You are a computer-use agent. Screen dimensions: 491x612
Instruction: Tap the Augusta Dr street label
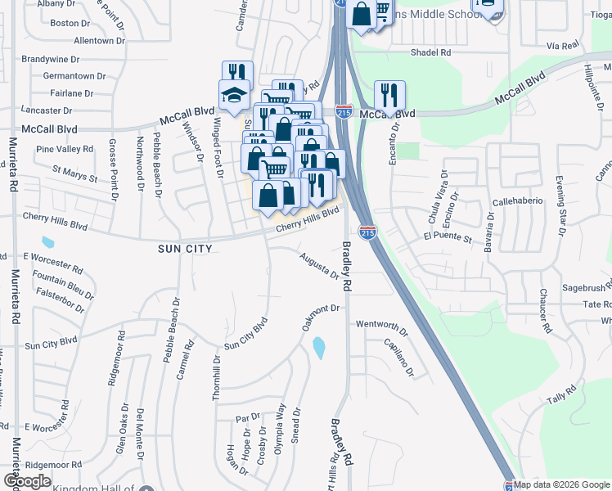pos(318,264)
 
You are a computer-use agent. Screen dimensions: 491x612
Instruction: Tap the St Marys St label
pos(74,173)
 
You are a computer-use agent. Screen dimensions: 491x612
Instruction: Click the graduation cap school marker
pos(233,95)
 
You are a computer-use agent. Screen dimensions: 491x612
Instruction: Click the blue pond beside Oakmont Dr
pos(318,348)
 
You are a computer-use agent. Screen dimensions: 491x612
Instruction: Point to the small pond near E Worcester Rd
pos(47,243)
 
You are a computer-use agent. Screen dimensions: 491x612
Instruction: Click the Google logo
pos(27,481)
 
